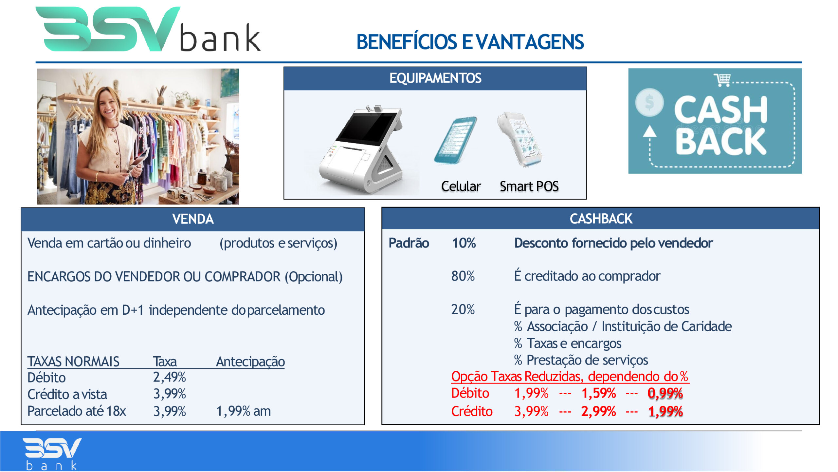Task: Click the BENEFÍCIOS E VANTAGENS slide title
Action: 470,42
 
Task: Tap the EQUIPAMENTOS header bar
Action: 435,79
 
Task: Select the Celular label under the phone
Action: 461,186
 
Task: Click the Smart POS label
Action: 529,186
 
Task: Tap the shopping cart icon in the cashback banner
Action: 722,79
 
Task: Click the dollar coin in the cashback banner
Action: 649,102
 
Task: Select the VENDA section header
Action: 193,219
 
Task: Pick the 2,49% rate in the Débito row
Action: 170,377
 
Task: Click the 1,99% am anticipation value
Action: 244,411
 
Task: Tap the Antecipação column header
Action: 250,362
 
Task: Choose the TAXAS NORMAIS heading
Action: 73,362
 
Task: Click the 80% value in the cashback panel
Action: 463,276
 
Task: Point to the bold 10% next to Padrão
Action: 464,243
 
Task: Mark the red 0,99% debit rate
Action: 665,393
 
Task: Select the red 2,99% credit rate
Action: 599,411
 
